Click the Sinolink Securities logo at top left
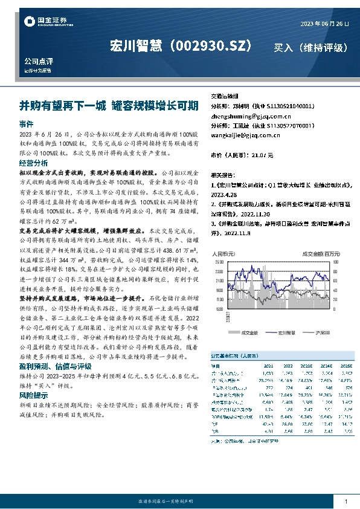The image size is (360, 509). pyautogui.click(x=41, y=22)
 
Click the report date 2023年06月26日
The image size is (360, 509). pyautogui.click(x=324, y=23)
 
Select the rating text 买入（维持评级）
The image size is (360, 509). pyautogui.click(x=310, y=47)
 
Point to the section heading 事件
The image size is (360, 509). pyautogui.click(x=26, y=123)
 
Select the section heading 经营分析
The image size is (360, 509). pyautogui.click(x=33, y=163)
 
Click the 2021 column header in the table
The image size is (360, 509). pyautogui.click(x=268, y=366)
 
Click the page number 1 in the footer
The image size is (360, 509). pyautogui.click(x=346, y=501)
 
